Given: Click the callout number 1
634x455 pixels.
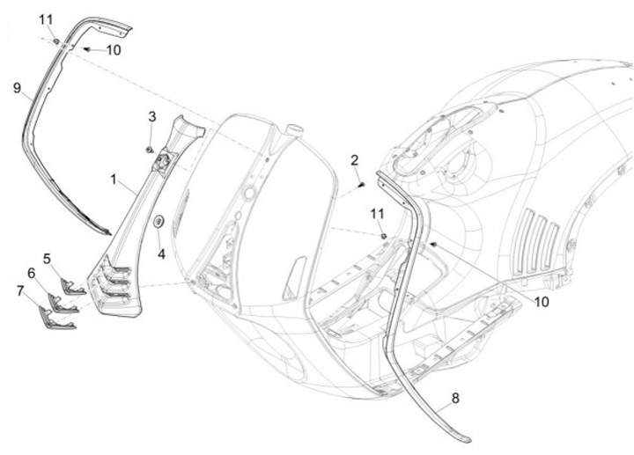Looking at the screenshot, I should pyautogui.click(x=114, y=179).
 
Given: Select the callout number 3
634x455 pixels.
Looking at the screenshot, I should pyautogui.click(x=152, y=116).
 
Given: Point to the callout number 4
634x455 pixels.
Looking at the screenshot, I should pyautogui.click(x=161, y=254).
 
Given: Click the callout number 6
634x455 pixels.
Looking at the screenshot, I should pyautogui.click(x=32, y=274).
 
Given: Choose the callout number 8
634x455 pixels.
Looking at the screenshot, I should pyautogui.click(x=454, y=399).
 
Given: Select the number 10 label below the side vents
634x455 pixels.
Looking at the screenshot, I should pyautogui.click(x=542, y=301).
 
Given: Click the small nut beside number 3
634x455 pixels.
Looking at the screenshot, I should pyautogui.click(x=151, y=147).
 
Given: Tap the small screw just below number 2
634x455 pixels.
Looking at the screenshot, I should pyautogui.click(x=361, y=185).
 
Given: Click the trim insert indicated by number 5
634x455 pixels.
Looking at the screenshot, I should pyautogui.click(x=72, y=289).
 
